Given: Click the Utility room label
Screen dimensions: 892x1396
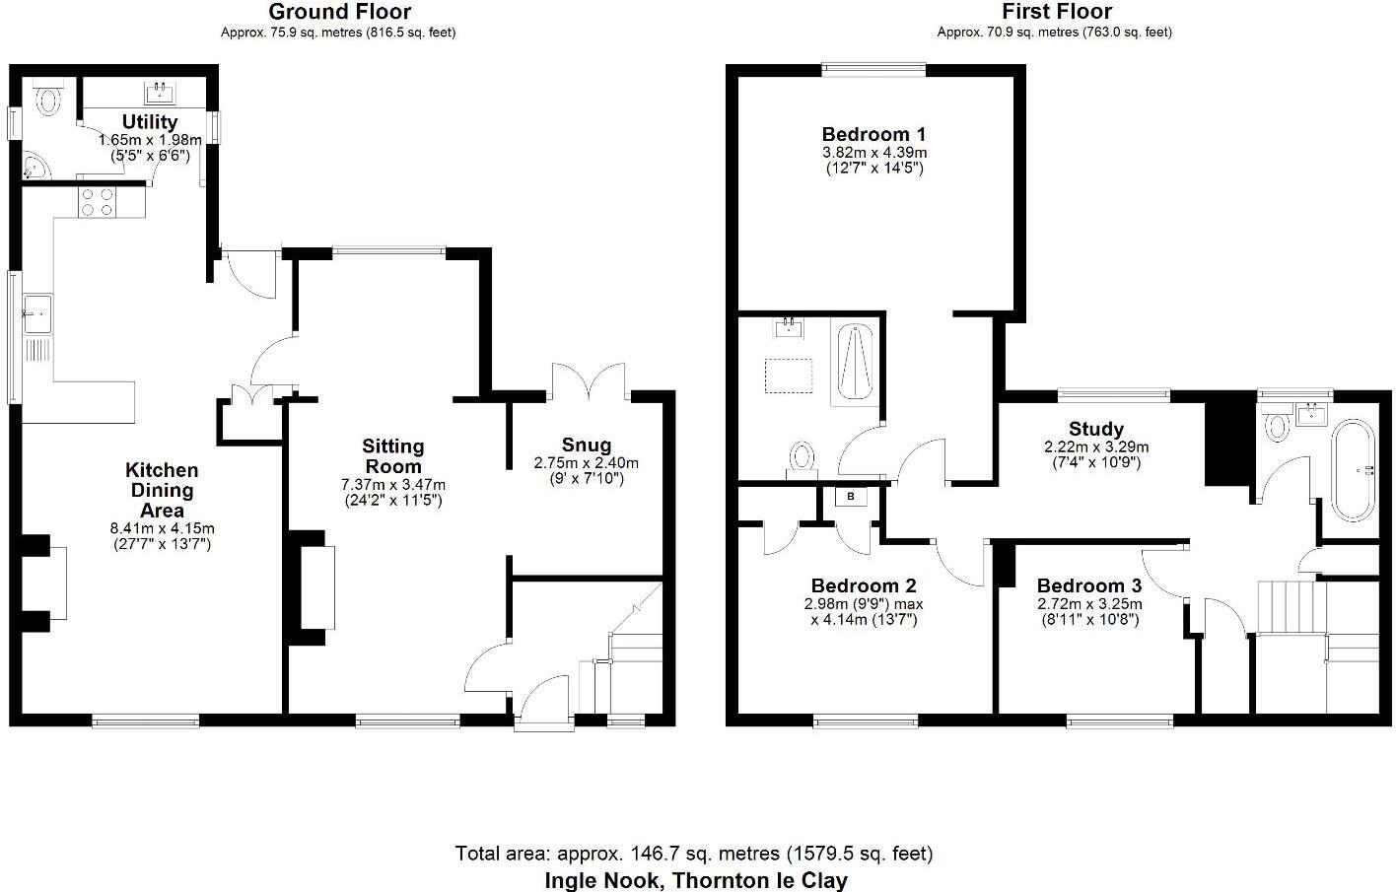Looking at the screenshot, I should (x=150, y=122).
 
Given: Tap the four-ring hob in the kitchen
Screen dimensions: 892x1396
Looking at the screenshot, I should (x=96, y=202).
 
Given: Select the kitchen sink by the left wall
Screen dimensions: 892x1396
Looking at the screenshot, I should (x=39, y=314).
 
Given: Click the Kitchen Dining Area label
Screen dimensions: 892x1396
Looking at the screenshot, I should (x=162, y=491).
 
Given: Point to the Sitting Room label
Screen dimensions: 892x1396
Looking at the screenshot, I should (x=392, y=456).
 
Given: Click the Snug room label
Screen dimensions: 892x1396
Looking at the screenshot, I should (x=587, y=445).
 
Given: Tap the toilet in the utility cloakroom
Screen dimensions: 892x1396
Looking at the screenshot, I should (x=47, y=99).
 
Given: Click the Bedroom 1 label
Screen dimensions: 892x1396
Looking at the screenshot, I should (x=873, y=134).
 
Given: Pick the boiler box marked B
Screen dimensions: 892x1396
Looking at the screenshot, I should (x=851, y=497).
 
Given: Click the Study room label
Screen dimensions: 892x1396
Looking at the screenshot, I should (x=1096, y=429).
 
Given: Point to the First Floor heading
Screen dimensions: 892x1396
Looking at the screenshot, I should (x=1056, y=12).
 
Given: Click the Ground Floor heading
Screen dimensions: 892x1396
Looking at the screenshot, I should (x=339, y=12).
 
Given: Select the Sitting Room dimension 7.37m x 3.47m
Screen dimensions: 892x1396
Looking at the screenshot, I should (x=392, y=484).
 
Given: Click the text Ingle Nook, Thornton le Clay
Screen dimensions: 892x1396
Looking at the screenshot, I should (x=695, y=880).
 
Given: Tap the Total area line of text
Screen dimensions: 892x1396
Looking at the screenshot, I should (x=693, y=853).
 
